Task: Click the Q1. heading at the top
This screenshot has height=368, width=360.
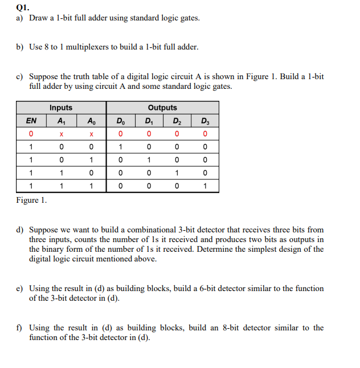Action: [22, 7]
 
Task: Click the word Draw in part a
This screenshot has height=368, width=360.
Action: [38, 18]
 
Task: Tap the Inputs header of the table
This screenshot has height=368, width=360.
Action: [61, 108]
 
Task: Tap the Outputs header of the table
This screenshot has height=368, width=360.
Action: [162, 108]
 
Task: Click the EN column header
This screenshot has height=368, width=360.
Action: [31, 121]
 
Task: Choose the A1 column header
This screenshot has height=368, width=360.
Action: [61, 121]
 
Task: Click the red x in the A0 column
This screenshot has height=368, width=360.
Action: [91, 134]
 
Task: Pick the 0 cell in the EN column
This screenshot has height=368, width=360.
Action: [31, 134]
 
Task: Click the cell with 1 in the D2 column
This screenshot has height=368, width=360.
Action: [177, 173]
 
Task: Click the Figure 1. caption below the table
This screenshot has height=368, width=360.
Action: [32, 200]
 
